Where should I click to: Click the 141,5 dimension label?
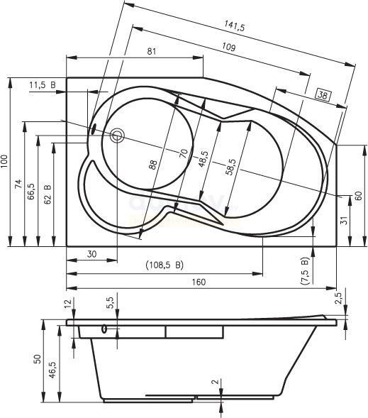click(x=234, y=26)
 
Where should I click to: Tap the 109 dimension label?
click(x=229, y=47)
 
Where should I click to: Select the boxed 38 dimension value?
click(x=323, y=95)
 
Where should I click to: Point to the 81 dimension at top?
click(x=152, y=51)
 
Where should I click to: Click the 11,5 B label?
click(x=43, y=85)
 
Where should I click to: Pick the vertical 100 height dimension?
click(x=4, y=161)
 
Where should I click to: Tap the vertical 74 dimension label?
click(x=18, y=184)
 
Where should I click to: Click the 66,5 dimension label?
click(x=31, y=191)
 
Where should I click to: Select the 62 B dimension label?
click(x=48, y=194)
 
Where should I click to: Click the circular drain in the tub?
click(x=117, y=136)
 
